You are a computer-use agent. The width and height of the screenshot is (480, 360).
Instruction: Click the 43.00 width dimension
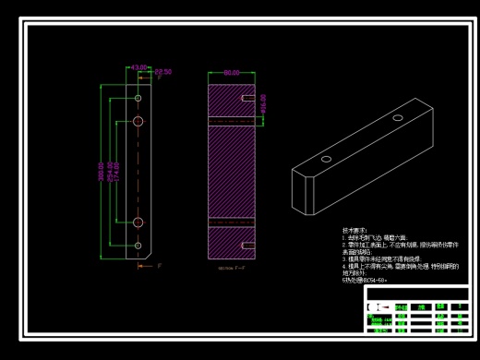coord(138,67)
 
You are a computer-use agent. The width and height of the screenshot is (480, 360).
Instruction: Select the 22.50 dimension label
coord(162,71)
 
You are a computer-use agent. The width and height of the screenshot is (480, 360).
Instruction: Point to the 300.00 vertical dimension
coord(102,171)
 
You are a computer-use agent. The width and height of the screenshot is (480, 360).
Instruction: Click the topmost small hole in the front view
coord(138,97)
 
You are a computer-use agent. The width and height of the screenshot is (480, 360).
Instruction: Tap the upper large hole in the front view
coord(138,121)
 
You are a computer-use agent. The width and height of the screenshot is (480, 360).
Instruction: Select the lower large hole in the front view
coord(138,222)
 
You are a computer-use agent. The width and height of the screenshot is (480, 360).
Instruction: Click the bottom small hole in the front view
coord(138,245)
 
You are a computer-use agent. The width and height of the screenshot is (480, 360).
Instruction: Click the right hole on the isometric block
coord(398,118)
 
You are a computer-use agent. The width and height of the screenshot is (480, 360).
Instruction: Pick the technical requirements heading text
coord(354,230)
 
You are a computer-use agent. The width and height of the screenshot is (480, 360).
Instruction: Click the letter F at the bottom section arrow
coord(160,266)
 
